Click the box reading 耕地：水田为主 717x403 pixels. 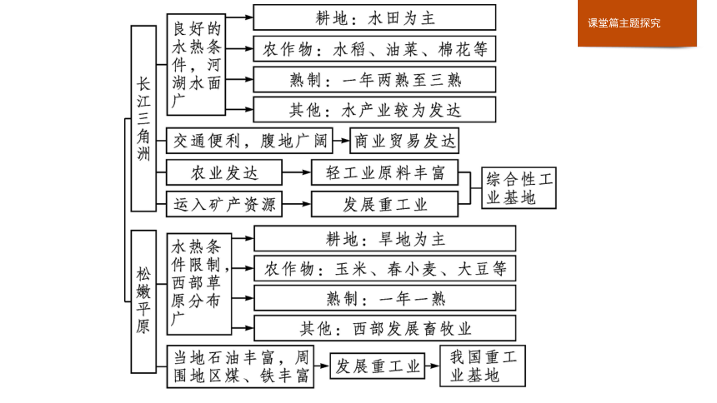(x=374, y=17)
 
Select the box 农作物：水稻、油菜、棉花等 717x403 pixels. (x=374, y=49)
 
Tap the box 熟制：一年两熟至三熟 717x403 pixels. (x=374, y=79)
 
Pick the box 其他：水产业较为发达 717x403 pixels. (x=374, y=110)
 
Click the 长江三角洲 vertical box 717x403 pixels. (x=143, y=118)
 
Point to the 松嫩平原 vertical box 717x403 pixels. (x=143, y=301)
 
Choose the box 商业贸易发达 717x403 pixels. (x=404, y=141)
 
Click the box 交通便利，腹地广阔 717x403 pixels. (x=249, y=141)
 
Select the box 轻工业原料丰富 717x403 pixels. (x=384, y=172)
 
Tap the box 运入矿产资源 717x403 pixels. (x=224, y=204)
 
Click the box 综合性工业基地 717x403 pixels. (x=519, y=188)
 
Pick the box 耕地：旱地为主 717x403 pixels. (x=385, y=238)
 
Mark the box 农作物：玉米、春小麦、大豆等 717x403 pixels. (x=385, y=268)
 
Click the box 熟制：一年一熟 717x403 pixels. (x=385, y=298)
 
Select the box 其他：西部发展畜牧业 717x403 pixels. (x=385, y=328)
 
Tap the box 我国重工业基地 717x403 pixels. (x=483, y=366)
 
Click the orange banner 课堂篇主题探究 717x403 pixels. (x=637, y=22)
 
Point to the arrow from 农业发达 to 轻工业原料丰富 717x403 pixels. (x=296, y=172)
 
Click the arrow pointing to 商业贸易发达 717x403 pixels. (x=341, y=140)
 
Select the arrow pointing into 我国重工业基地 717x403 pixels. (x=432, y=366)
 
